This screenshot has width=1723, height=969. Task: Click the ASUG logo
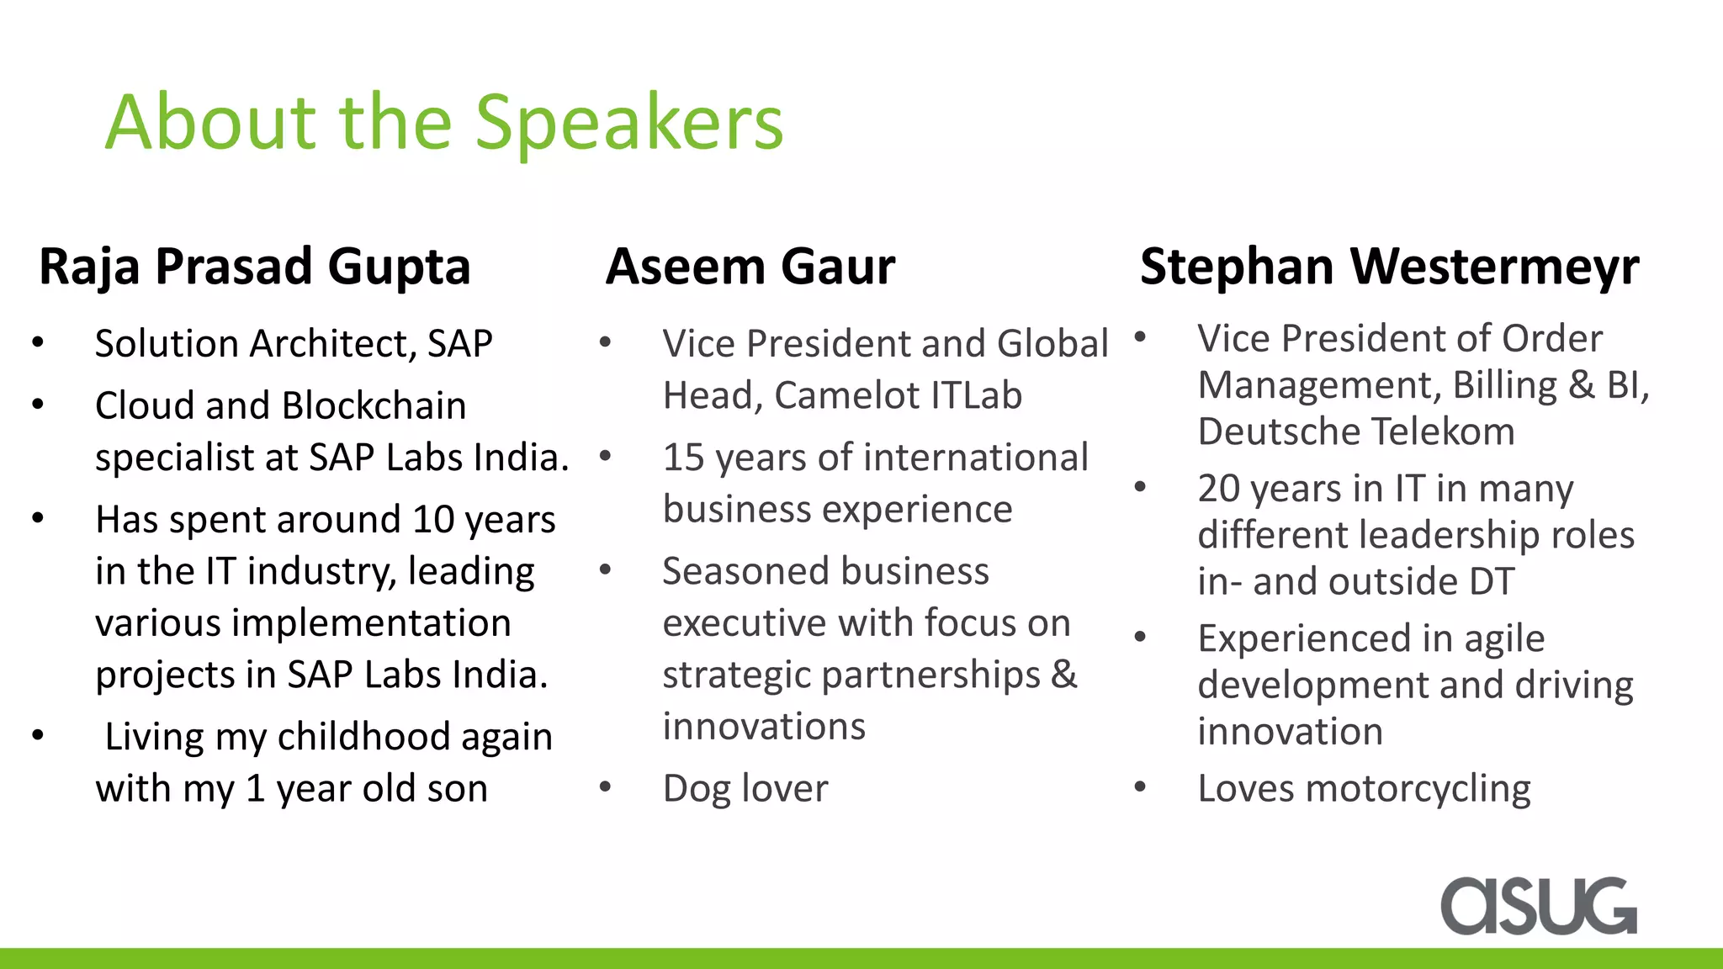pyautogui.click(x=1538, y=906)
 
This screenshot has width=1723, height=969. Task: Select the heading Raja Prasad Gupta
pyautogui.click(x=254, y=267)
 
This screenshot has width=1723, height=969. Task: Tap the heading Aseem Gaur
pyautogui.click(x=750, y=267)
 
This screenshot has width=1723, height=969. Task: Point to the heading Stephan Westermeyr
pyautogui.click(x=1389, y=267)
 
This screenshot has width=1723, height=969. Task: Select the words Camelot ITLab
pyautogui.click(x=898, y=395)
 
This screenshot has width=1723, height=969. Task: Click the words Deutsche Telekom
pyautogui.click(x=1355, y=432)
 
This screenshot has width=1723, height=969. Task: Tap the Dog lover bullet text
pyautogui.click(x=745, y=789)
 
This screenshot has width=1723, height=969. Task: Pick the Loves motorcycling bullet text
pyautogui.click(x=1364, y=789)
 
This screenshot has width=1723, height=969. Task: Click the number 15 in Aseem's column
pyautogui.click(x=682, y=458)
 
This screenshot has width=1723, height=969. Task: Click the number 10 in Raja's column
pyautogui.click(x=432, y=520)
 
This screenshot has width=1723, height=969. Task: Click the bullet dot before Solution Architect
pyautogui.click(x=38, y=342)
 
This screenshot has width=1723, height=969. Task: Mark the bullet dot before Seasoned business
pyautogui.click(x=605, y=570)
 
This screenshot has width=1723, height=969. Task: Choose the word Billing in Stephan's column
pyautogui.click(x=1505, y=385)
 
